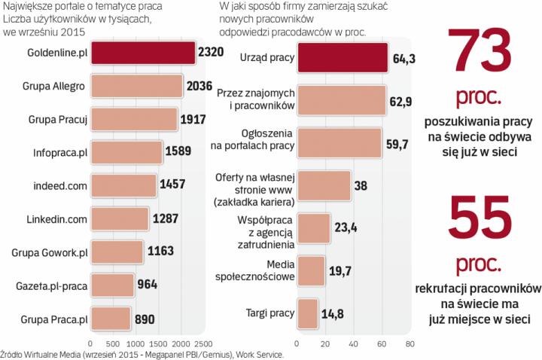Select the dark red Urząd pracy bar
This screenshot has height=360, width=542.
point(342,58)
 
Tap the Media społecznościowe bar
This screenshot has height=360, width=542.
point(311,271)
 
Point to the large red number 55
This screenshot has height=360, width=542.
point(480,223)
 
